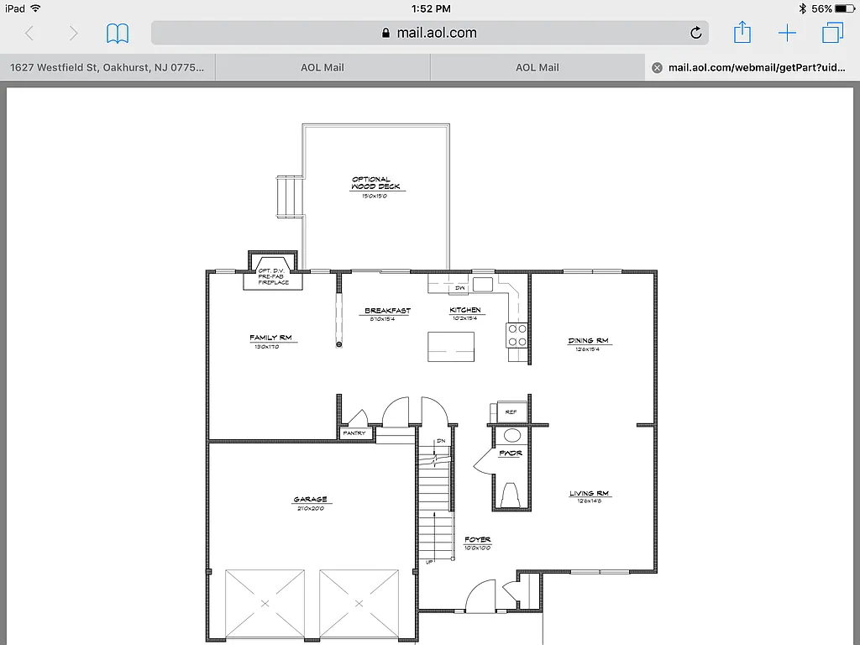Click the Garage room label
[x=310, y=500]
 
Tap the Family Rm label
[x=270, y=338]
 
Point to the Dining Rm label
[x=588, y=341]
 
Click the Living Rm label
[x=589, y=494]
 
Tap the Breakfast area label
[x=387, y=312]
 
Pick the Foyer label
[x=477, y=540]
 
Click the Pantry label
[x=354, y=433]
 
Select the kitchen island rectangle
[x=451, y=347]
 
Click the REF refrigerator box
[x=511, y=412]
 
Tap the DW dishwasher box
[x=459, y=287]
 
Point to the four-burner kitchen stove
[x=517, y=335]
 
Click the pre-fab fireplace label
[x=273, y=276]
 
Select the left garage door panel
[x=265, y=602]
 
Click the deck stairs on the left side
[x=289, y=197]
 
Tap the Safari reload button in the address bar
[x=695, y=33]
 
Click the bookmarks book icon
[x=118, y=34]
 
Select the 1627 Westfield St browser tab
[x=107, y=67]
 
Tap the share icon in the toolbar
[x=742, y=33]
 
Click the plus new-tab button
[x=787, y=34]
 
